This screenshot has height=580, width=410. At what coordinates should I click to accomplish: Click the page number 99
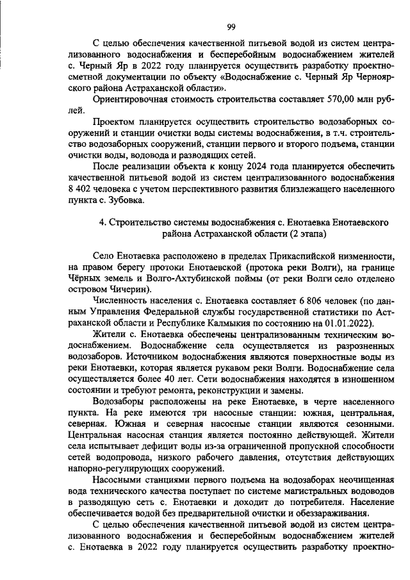click(232, 27)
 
